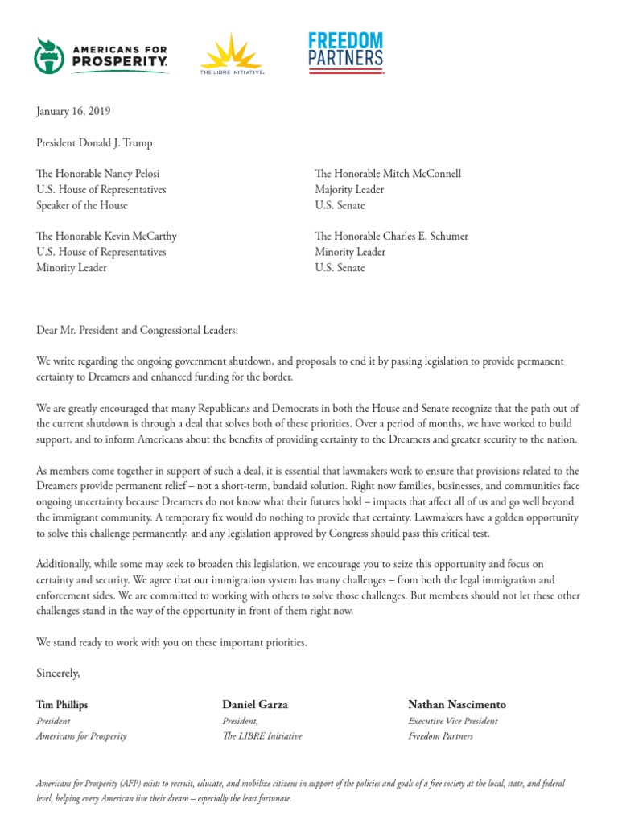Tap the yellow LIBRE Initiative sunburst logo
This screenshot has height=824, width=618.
click(232, 53)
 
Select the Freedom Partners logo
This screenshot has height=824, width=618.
click(346, 53)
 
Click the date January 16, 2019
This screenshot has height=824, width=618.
click(73, 112)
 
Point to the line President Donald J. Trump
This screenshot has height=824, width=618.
click(94, 143)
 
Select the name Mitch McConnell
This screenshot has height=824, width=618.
click(423, 174)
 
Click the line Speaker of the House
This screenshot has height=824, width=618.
click(82, 205)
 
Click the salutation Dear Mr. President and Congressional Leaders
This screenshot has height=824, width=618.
click(138, 331)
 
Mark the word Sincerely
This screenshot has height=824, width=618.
click(59, 672)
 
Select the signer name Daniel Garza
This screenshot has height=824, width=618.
click(255, 705)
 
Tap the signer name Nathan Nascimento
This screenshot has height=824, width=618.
click(457, 705)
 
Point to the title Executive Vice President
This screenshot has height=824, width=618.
click(453, 721)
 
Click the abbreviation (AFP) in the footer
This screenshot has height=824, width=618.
click(131, 784)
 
